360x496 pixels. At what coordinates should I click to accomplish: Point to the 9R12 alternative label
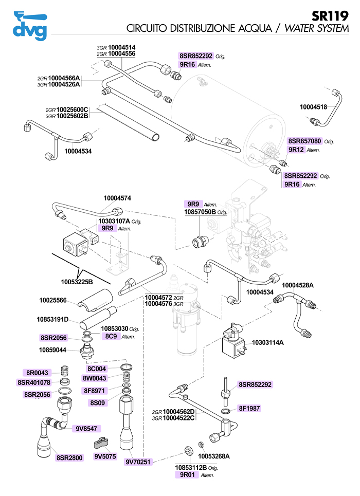click(x=296, y=150)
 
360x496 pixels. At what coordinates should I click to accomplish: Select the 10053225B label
click(x=77, y=282)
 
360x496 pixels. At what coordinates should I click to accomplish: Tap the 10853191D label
click(x=53, y=320)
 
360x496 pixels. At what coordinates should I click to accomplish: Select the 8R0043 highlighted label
click(x=38, y=373)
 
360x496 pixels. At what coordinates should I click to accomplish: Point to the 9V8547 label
click(x=86, y=428)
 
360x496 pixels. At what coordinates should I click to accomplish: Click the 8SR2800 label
click(x=70, y=457)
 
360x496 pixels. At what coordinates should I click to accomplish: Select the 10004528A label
click(x=298, y=285)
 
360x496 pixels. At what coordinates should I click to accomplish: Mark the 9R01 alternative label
click(x=183, y=475)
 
